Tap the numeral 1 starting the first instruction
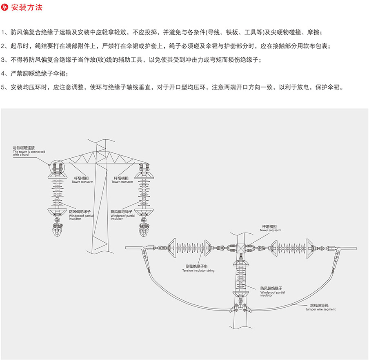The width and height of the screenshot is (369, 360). pyautogui.click(x=4, y=32)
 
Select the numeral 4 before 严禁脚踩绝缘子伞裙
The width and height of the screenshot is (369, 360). pyautogui.click(x=4, y=74)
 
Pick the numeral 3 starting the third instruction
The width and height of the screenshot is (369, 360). pyautogui.click(x=4, y=60)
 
